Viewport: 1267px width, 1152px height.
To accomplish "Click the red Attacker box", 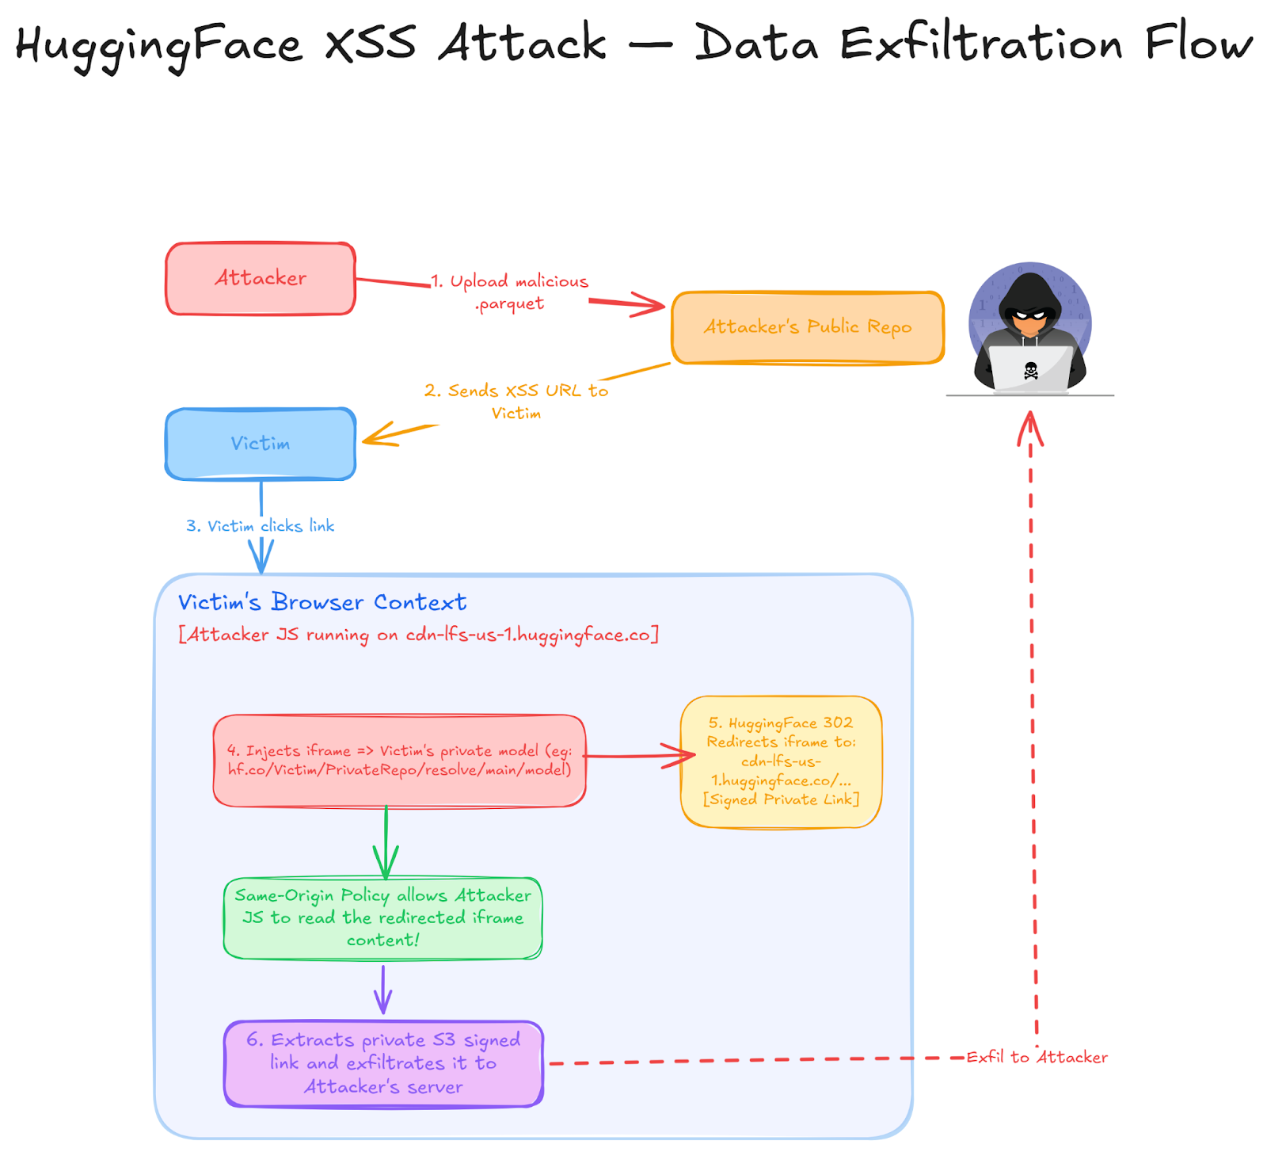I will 261,279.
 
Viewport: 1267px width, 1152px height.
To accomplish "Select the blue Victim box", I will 261,444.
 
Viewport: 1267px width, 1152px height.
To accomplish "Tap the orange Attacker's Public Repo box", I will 808,327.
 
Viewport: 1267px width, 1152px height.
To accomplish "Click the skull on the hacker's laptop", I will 1030,370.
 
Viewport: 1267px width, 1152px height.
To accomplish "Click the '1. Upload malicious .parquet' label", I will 510,292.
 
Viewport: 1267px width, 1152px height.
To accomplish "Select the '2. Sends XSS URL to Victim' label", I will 516,401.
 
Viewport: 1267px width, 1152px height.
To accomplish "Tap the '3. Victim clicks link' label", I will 260,526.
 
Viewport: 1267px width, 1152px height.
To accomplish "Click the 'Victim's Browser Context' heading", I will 322,602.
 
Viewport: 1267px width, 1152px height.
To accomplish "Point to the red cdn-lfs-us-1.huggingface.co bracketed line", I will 418,635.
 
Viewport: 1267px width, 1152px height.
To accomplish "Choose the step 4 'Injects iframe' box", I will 399,761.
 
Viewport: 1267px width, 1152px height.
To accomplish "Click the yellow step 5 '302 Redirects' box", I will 781,761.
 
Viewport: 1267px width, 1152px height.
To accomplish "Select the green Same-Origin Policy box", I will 383,917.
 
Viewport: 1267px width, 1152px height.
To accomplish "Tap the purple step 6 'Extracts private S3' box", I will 383,1063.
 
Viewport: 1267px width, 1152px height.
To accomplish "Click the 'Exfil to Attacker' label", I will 1037,1057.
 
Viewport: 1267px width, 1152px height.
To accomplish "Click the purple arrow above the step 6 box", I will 383,990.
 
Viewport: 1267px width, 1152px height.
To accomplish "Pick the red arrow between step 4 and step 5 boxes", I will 637,756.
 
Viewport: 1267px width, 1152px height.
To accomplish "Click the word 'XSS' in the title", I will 370,43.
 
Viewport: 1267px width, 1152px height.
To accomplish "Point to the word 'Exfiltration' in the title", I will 981,43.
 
